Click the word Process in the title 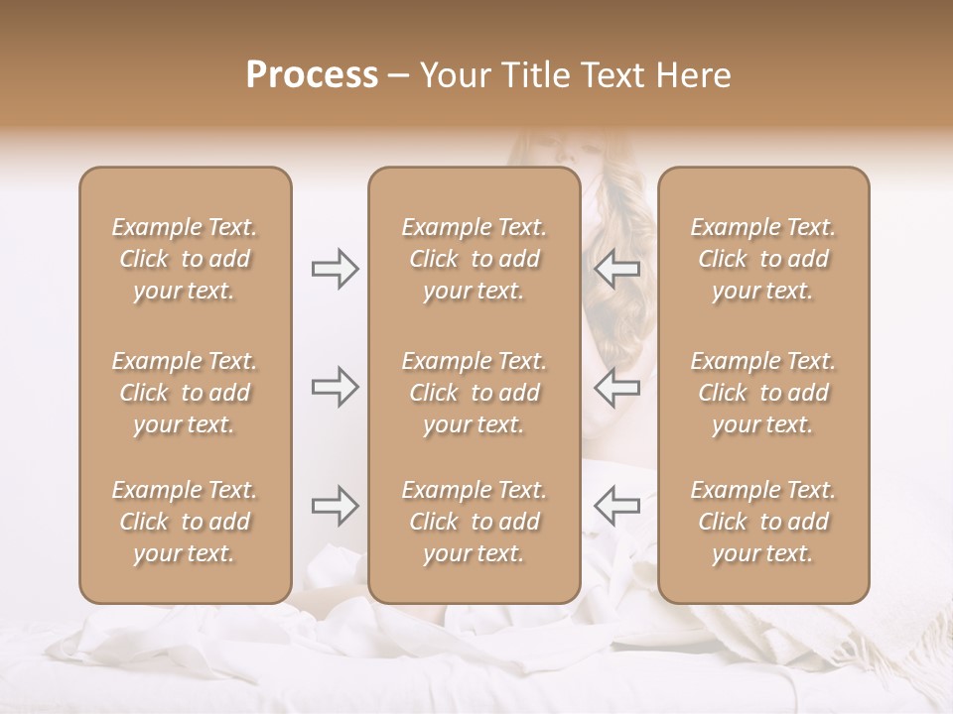click(312, 75)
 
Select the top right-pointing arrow click(336, 269)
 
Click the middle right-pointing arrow click(336, 387)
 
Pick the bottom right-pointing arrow click(336, 506)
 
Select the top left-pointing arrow click(617, 269)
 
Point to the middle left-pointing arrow click(617, 387)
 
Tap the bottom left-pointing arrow click(617, 506)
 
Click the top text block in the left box click(185, 259)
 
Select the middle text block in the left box click(185, 393)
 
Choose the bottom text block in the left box click(185, 522)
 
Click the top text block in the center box click(474, 259)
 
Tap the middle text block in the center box click(474, 393)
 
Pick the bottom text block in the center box click(474, 522)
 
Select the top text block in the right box click(762, 259)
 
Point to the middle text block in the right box click(762, 393)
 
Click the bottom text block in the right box click(762, 522)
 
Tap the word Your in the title click(453, 75)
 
